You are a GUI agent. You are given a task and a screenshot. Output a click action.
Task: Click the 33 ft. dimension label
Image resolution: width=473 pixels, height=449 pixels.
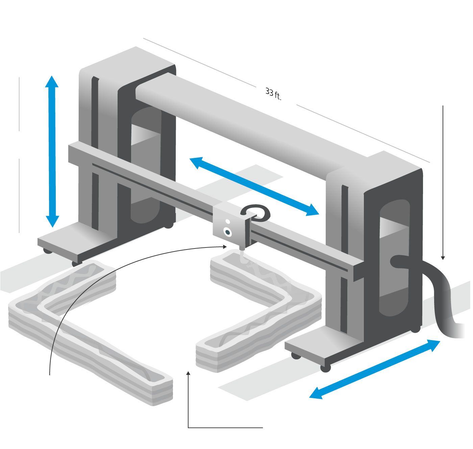point(273,94)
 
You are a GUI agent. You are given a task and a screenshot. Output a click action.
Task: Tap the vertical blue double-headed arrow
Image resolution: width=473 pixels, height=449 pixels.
point(52,151)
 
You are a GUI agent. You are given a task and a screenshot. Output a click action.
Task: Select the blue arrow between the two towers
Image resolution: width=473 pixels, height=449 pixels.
point(254,186)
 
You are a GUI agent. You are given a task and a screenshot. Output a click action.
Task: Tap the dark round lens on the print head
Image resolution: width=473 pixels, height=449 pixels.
point(227,232)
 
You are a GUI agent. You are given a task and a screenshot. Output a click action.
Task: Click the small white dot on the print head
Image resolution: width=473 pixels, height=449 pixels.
point(227,221)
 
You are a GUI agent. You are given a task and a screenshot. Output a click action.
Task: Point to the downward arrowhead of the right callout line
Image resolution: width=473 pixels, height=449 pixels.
point(443,258)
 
